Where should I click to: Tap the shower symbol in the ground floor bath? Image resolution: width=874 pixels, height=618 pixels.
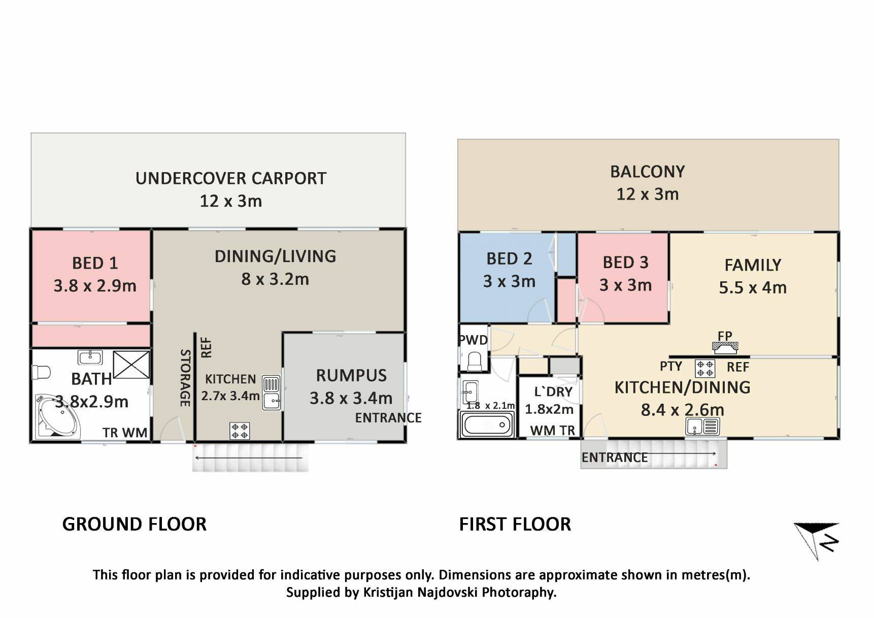pos(132,365)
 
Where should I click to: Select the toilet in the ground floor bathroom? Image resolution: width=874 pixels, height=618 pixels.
pos(41,372)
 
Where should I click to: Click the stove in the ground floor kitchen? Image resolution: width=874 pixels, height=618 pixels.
pos(240,431)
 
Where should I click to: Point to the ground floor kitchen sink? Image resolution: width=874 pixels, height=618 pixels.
pos(272,393)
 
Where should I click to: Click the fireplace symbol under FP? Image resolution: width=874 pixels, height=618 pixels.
pos(725,347)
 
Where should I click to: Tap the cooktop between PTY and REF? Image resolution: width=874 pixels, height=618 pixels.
pos(705,368)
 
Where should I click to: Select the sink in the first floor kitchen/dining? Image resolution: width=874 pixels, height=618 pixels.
pos(703,427)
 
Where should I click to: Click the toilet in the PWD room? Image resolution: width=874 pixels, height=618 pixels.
pos(475,361)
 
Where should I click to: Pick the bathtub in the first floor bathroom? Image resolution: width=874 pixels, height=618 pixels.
pos(487,424)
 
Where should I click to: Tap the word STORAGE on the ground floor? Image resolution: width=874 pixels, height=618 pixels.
pos(185,378)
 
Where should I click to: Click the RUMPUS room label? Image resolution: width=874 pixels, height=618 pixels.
pos(351,375)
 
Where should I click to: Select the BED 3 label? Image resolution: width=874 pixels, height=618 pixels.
pos(625,262)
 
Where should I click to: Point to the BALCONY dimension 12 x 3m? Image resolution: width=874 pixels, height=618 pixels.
pos(648,194)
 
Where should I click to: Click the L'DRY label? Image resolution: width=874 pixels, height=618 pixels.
pos(553,392)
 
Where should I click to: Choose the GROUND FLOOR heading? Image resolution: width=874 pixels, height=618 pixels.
pos(135,524)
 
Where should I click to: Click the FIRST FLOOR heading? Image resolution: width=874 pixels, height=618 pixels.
pos(515,524)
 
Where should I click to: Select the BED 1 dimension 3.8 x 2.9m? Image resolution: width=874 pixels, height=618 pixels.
pos(95,285)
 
